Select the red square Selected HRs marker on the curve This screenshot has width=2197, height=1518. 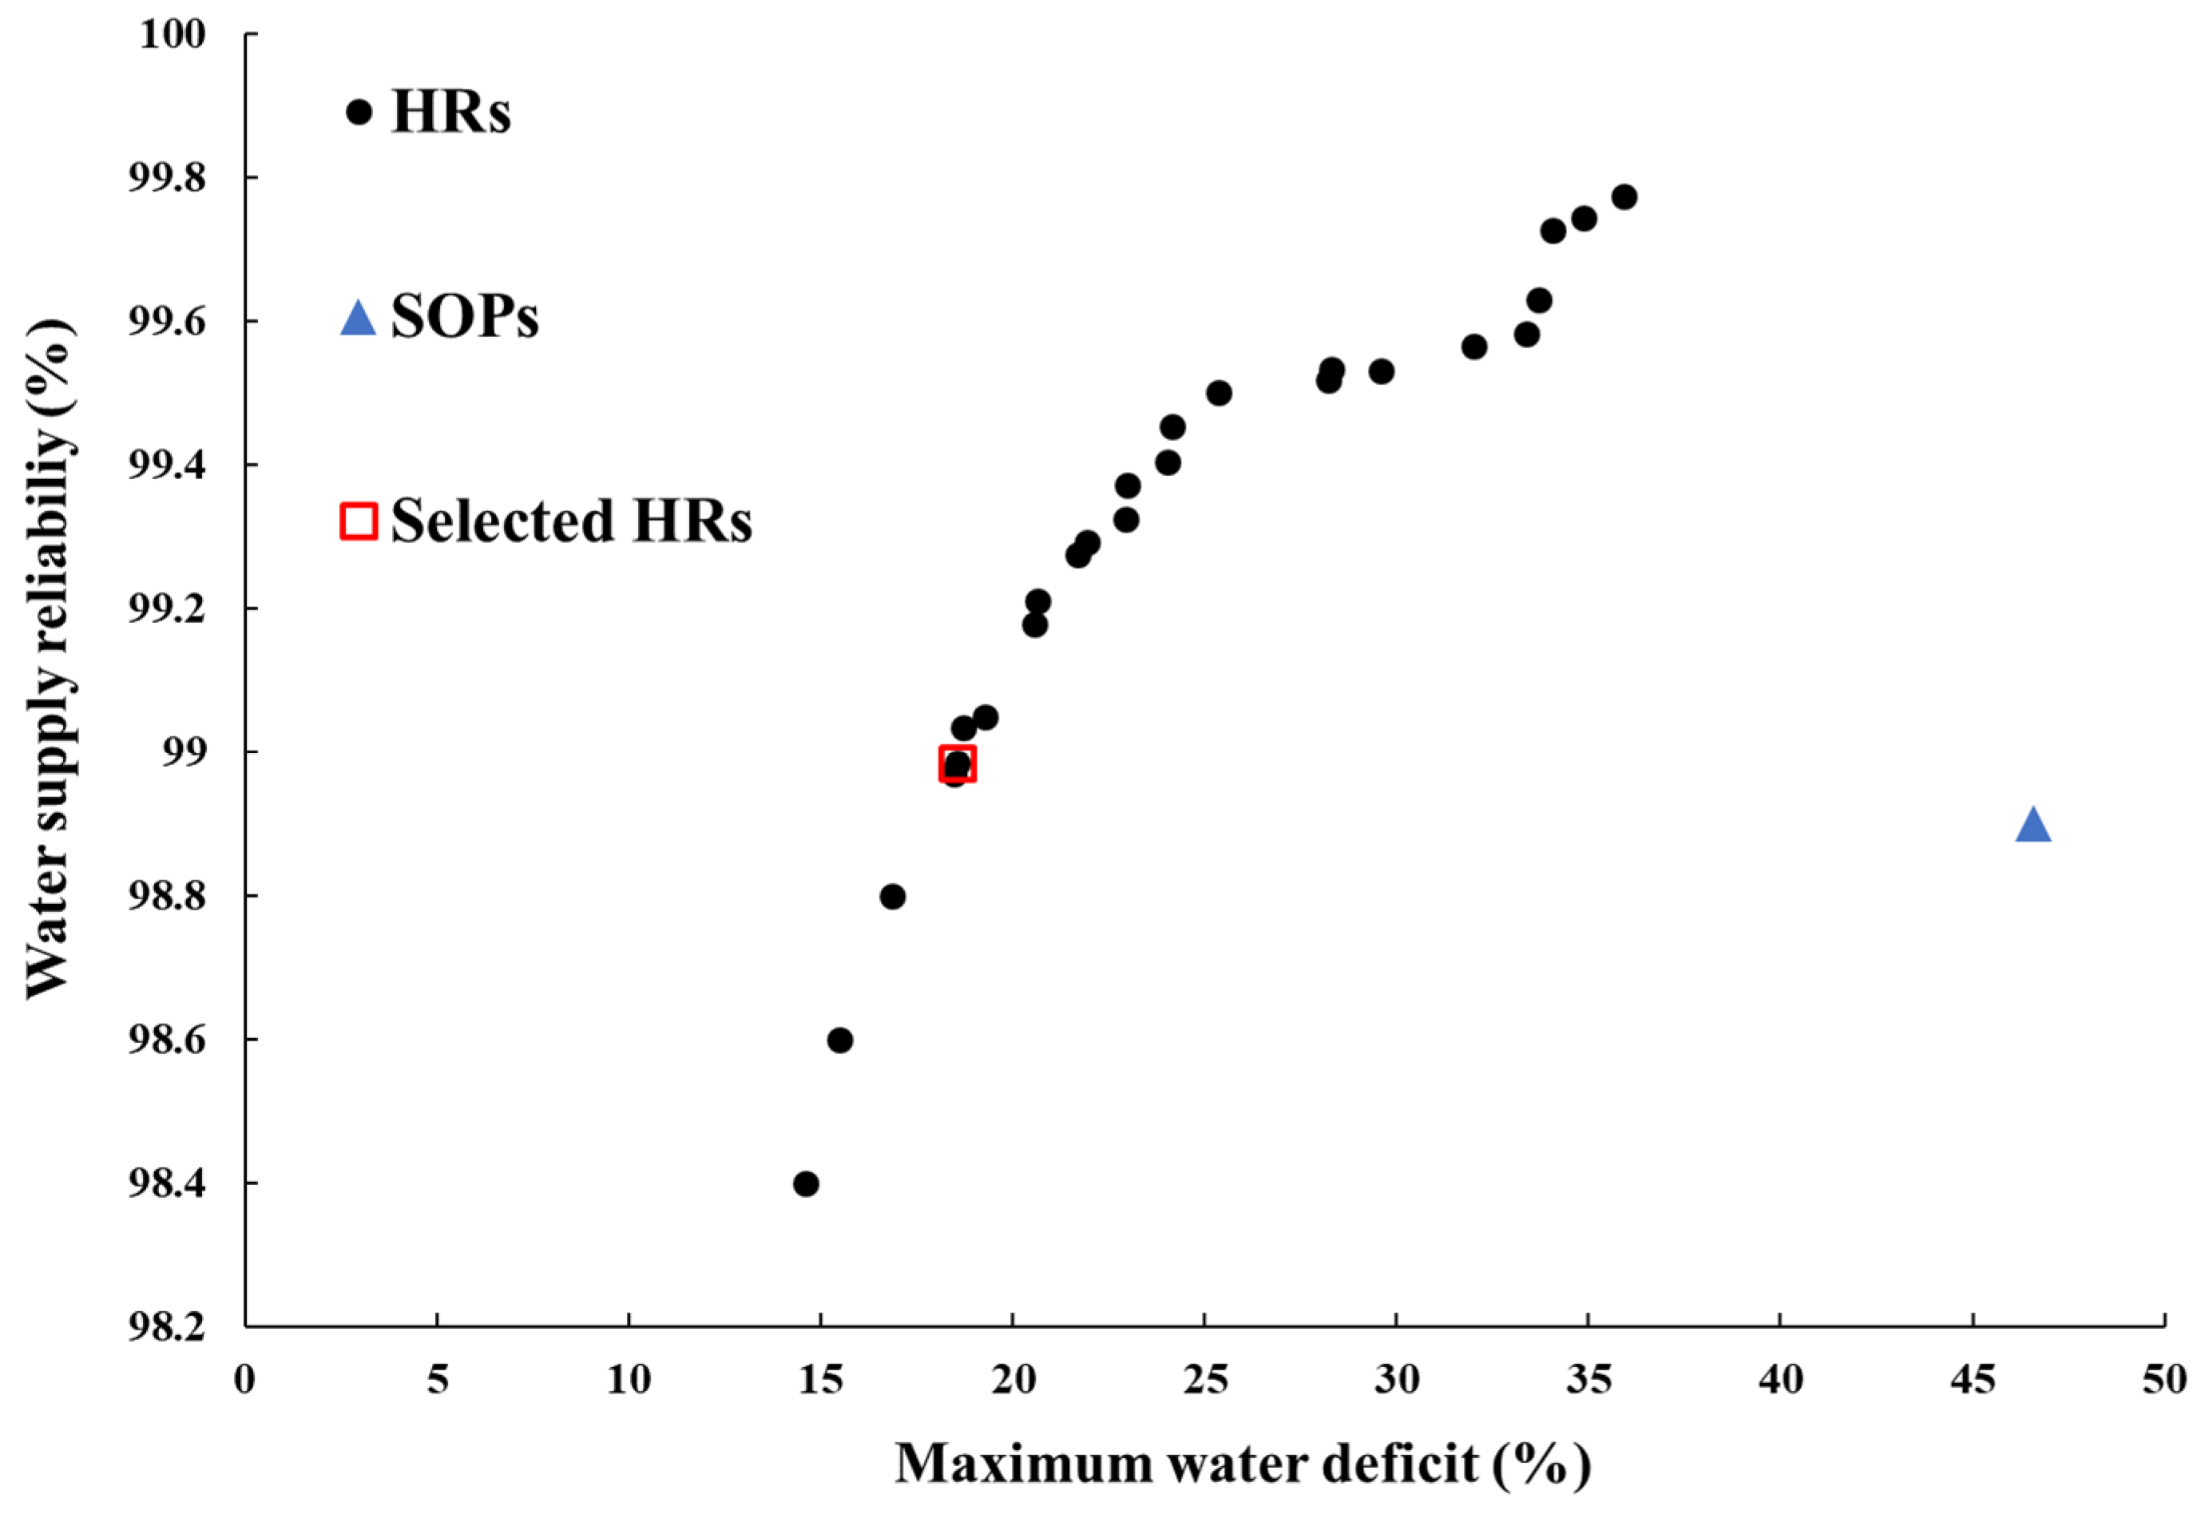coord(957,763)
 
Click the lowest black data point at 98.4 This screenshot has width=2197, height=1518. coord(806,1184)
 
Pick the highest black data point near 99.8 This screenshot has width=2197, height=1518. coord(1624,197)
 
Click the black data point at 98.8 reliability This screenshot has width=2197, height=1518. coord(892,897)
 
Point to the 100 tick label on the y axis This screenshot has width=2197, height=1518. coord(173,34)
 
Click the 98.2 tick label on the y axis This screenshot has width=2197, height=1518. coord(166,1328)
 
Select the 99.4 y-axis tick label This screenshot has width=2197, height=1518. coord(166,465)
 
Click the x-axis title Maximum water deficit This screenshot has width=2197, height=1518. coord(1242,1464)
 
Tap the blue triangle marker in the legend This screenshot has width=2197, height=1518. coord(359,318)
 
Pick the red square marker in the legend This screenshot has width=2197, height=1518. coord(359,521)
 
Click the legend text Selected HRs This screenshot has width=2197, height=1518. coord(571,521)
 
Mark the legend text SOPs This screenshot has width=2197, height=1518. coord(464,317)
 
